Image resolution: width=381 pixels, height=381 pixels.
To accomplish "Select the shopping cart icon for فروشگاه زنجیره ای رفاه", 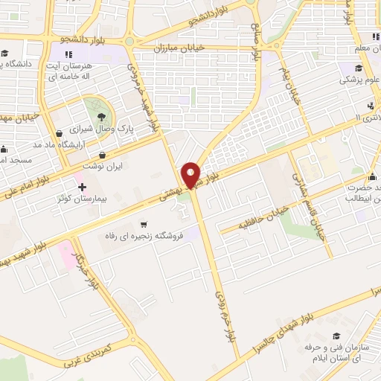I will pos(144,223).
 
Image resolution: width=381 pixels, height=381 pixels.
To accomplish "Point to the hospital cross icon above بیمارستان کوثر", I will pos(82,185).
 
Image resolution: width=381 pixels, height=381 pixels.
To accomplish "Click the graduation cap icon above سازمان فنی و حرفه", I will pos(336,336).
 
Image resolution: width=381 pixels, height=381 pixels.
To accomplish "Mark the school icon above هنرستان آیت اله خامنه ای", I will pos(68,54).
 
